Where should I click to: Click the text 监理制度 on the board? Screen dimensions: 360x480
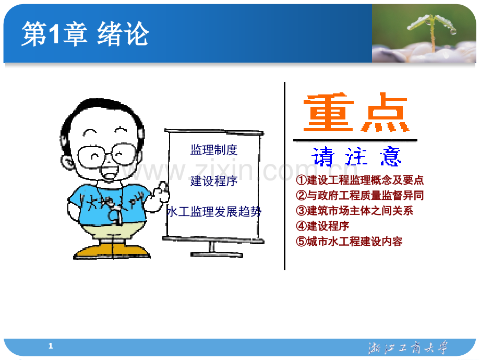click(x=214, y=150)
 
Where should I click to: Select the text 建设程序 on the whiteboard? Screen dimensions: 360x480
click(x=214, y=181)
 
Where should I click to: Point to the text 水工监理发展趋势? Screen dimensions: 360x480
click(x=214, y=212)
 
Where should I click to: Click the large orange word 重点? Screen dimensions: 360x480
click(x=356, y=114)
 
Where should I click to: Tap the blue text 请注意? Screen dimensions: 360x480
click(x=356, y=156)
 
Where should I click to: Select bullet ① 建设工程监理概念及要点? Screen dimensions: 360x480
click(x=359, y=181)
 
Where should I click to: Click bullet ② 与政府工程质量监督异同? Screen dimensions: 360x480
click(x=359, y=196)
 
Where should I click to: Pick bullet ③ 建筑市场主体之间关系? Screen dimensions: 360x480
click(x=354, y=211)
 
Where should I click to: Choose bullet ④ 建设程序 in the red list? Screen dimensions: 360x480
click(x=322, y=226)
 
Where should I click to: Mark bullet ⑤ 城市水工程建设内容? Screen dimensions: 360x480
click(x=349, y=242)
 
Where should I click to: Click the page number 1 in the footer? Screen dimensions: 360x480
click(x=51, y=346)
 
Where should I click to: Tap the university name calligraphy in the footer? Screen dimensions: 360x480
click(x=407, y=348)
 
